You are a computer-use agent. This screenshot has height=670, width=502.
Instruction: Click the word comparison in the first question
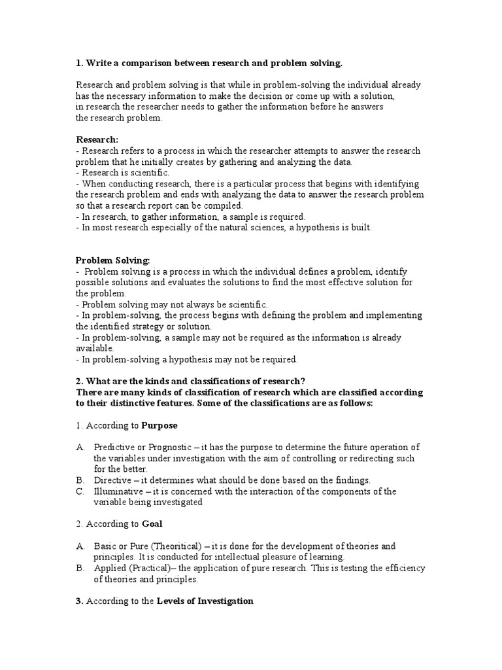tap(143, 63)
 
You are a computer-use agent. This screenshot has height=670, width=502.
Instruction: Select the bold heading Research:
tap(97, 139)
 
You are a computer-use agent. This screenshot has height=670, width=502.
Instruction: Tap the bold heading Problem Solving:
tap(113, 260)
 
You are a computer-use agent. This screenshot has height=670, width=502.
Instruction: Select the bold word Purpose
tap(159, 425)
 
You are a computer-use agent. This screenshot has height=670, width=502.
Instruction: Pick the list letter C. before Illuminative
tap(80, 491)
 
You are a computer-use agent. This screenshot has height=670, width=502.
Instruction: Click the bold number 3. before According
tap(79, 601)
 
